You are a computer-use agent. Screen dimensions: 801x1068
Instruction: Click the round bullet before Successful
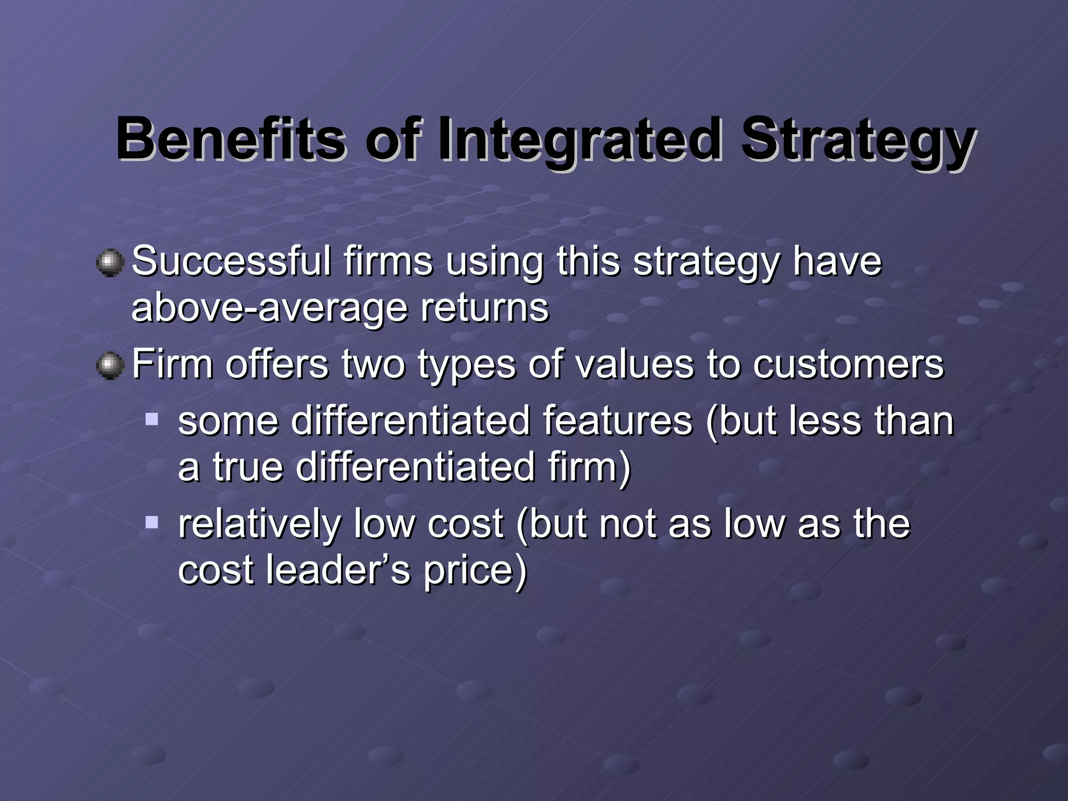coord(110,262)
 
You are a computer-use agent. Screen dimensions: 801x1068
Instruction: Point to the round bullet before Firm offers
coord(110,366)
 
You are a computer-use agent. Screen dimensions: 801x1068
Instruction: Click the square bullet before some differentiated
coord(152,419)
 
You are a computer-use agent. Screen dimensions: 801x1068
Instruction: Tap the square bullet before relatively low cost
coord(152,522)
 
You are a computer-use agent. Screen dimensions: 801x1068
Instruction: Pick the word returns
coord(484,308)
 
